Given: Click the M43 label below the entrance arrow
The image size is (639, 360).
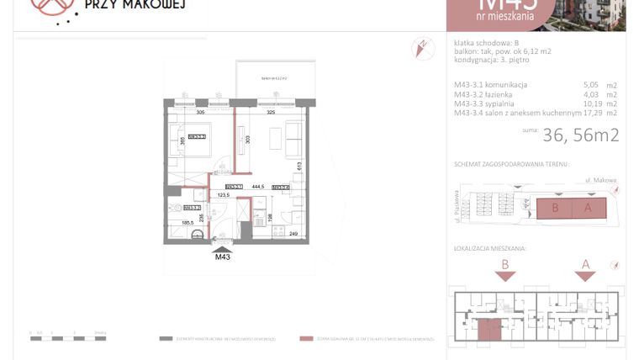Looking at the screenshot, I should (223, 257).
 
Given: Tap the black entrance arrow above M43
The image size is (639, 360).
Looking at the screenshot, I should (223, 249).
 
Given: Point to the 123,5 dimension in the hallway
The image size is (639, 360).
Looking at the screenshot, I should (224, 194).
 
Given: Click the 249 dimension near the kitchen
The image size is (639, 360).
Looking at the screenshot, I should (294, 233).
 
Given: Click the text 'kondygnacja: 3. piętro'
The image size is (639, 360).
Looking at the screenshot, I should (492, 61).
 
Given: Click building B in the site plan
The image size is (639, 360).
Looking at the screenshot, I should (554, 209).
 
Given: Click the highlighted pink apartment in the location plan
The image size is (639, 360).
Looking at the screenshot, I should (488, 330).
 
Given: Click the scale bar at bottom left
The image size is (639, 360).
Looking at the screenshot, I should (67, 339).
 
